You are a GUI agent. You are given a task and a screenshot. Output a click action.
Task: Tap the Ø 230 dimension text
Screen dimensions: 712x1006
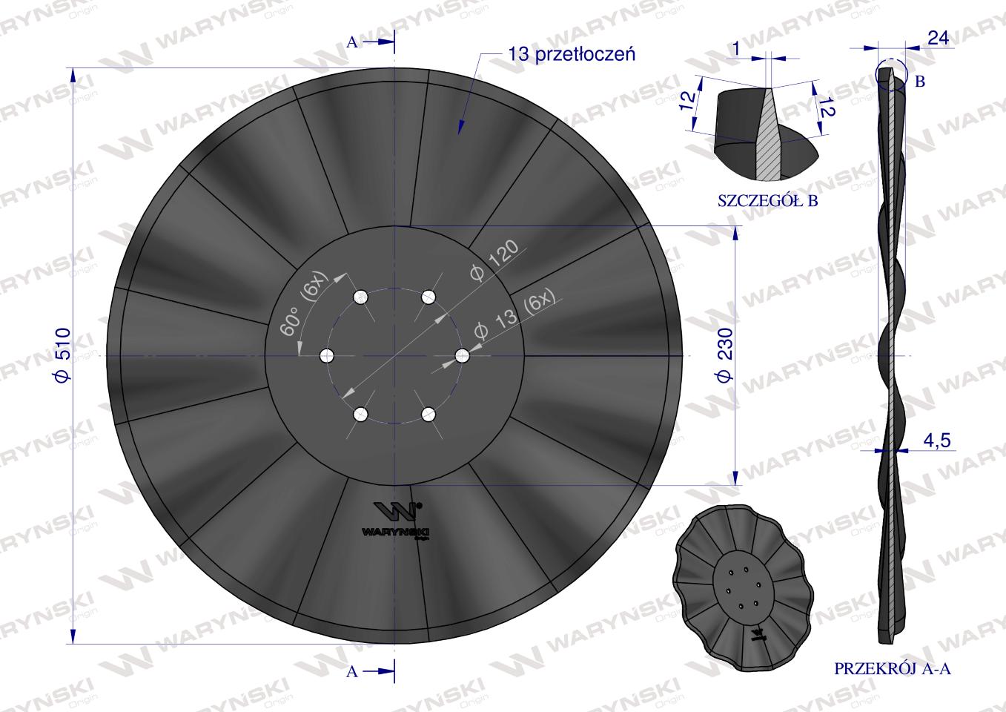point(726,354)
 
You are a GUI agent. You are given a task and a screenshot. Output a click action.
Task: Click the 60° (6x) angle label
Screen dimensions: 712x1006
point(300,311)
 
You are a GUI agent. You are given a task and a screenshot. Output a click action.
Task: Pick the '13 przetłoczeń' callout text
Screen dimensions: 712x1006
point(572,54)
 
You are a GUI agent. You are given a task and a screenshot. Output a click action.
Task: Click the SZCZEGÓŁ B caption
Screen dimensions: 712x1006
point(768,201)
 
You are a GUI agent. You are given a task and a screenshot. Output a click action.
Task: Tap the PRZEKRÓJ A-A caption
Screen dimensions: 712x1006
point(893,669)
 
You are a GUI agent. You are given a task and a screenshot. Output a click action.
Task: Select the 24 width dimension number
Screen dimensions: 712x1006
point(938,39)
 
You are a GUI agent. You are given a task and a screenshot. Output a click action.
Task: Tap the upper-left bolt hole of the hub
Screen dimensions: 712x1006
point(360,297)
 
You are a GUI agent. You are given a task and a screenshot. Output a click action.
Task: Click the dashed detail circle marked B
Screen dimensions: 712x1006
point(890,74)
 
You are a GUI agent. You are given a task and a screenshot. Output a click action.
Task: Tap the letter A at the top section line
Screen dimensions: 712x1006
point(352,42)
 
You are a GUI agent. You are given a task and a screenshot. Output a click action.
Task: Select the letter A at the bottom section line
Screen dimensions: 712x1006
point(352,671)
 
